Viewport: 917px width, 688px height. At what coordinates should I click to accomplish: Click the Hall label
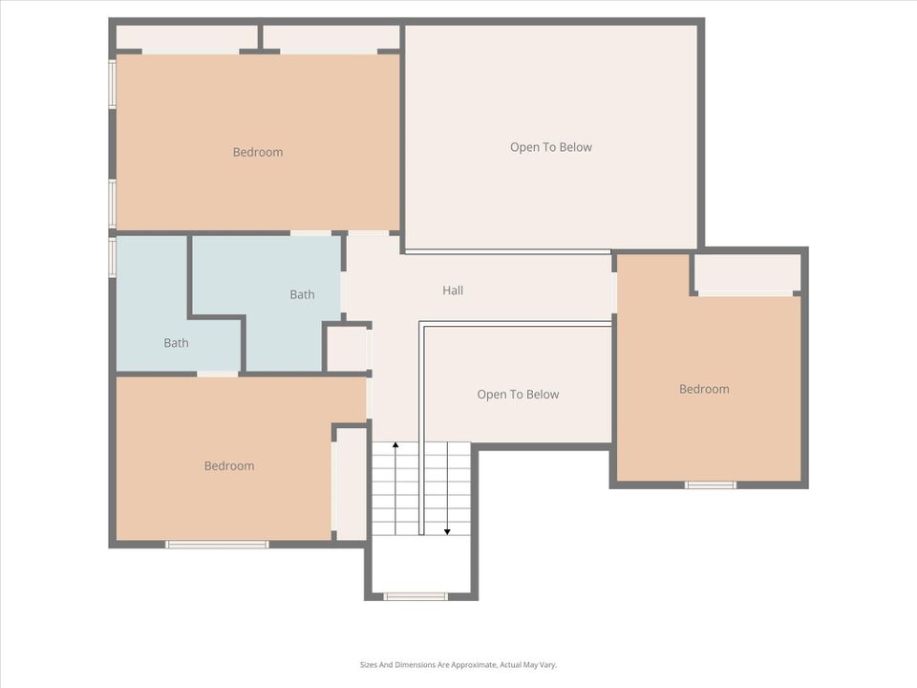tap(453, 290)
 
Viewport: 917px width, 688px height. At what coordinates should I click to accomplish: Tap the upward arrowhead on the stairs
tap(395, 445)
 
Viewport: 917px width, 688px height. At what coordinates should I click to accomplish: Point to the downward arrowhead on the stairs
tap(447, 532)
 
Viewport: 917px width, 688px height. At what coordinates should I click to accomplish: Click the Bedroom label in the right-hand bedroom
tap(704, 389)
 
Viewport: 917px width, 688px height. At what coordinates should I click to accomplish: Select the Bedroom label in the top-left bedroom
tap(258, 152)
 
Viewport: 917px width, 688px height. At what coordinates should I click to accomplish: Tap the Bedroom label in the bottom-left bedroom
tap(229, 465)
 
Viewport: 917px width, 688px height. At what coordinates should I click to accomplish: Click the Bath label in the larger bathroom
tap(303, 294)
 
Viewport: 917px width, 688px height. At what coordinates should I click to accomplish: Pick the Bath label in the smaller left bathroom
tap(176, 343)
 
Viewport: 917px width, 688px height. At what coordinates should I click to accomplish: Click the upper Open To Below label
tap(551, 147)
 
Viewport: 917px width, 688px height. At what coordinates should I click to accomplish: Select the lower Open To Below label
tap(518, 395)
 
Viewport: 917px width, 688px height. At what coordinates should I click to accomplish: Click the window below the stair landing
tap(416, 596)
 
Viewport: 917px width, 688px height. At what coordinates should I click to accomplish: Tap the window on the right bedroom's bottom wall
tap(711, 485)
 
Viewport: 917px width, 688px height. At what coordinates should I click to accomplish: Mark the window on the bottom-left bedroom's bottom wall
tap(217, 545)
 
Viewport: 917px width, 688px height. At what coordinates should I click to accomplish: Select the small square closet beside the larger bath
tap(346, 350)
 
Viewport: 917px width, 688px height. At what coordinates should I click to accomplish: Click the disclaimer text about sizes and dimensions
tap(458, 665)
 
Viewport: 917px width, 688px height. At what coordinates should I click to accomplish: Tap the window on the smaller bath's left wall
tap(113, 256)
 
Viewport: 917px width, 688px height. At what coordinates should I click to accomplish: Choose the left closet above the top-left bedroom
tap(186, 38)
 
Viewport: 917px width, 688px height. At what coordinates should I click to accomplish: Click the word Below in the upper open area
tap(575, 147)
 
